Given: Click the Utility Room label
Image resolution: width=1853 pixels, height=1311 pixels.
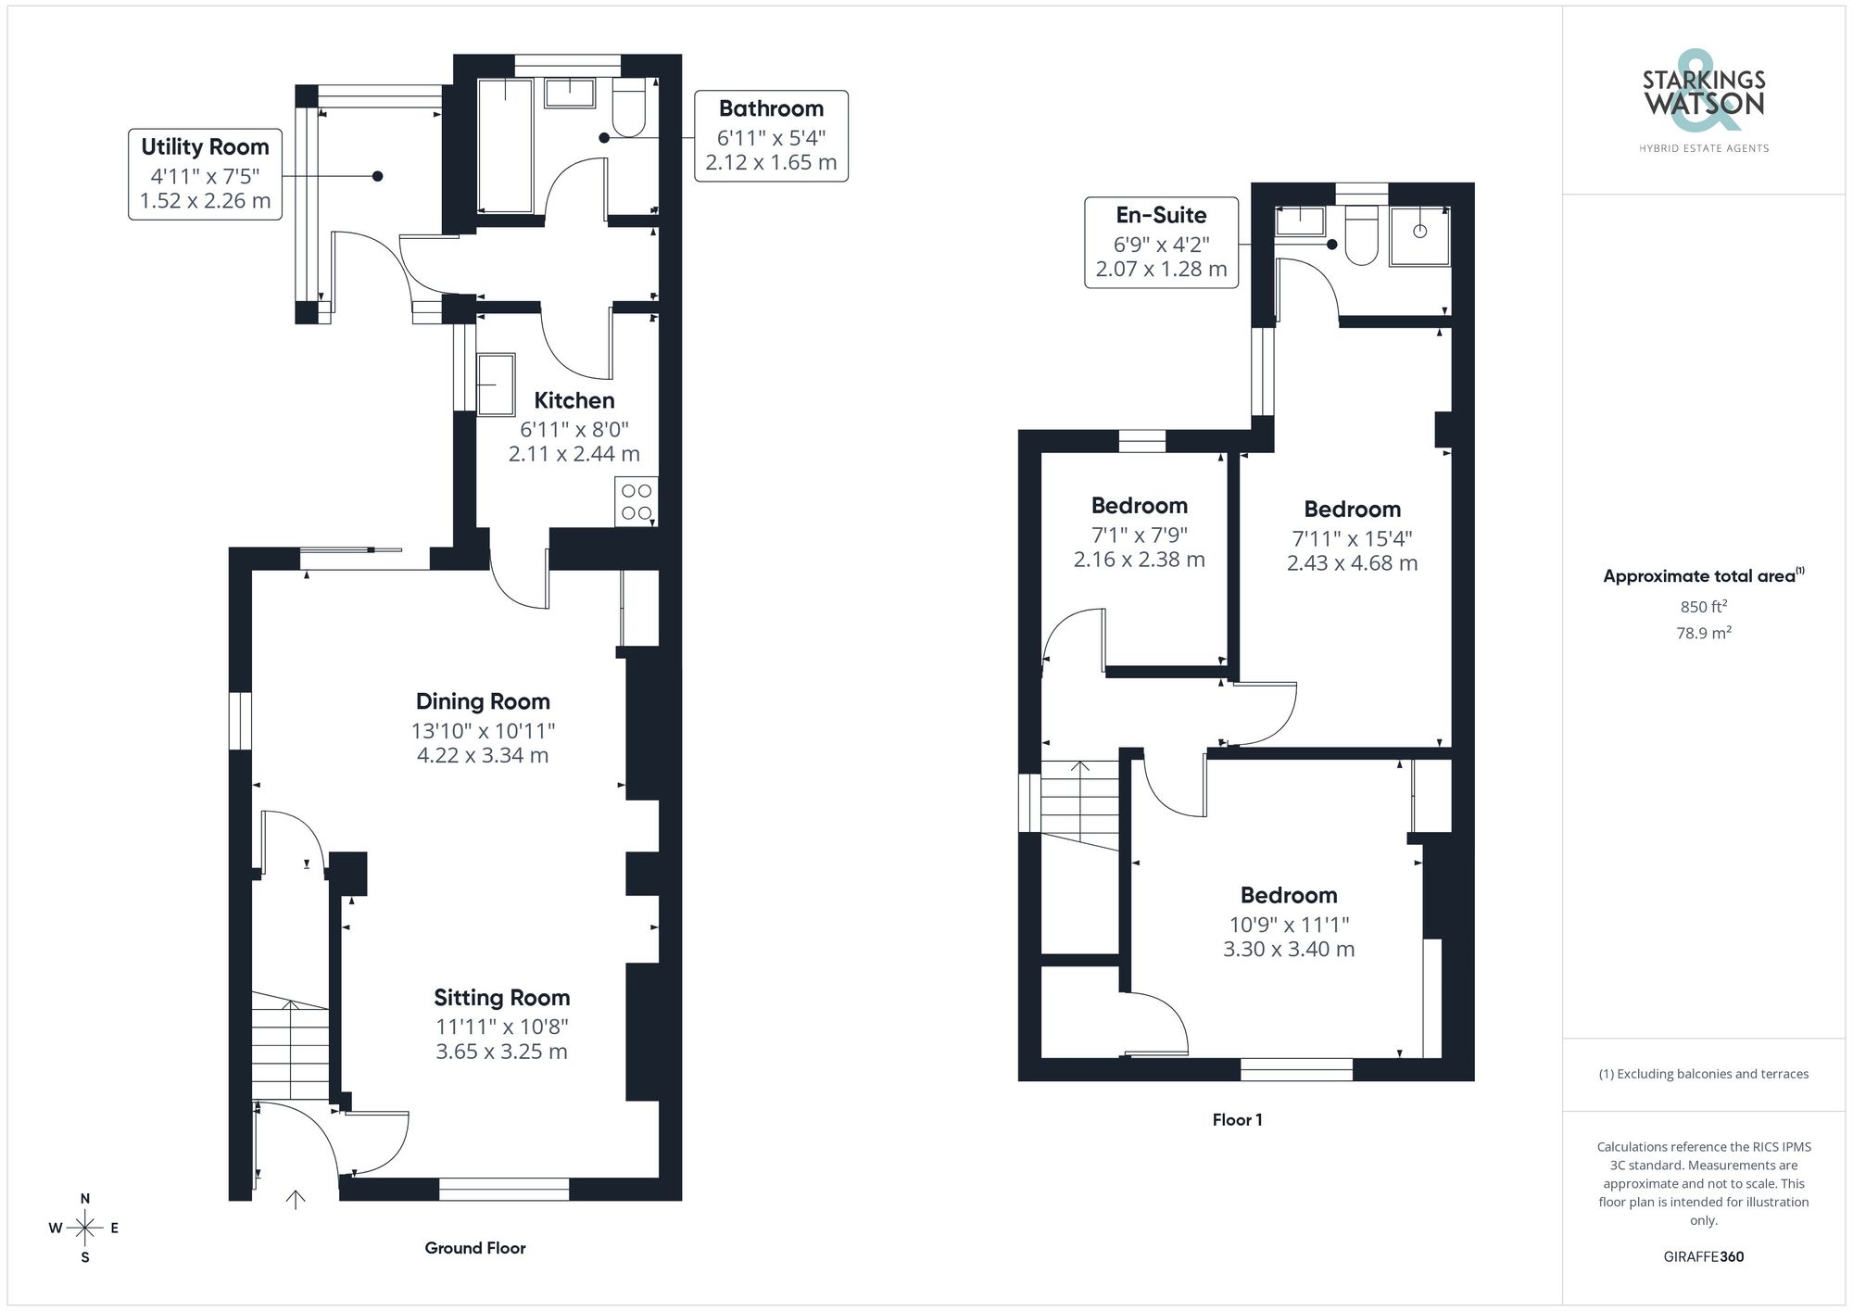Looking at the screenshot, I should [x=205, y=146].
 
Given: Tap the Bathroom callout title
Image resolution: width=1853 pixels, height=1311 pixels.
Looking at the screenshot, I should [x=771, y=108].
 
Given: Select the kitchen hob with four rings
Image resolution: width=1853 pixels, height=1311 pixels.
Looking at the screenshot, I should [x=637, y=502].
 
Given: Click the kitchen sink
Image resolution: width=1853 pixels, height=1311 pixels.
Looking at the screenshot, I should [x=496, y=384].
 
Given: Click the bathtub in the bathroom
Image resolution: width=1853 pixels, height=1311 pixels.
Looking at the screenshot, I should [x=505, y=145].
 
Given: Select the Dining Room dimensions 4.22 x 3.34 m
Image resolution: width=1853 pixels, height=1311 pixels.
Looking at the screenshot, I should [x=483, y=755].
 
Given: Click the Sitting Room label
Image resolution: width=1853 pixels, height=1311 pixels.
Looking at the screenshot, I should [x=501, y=998].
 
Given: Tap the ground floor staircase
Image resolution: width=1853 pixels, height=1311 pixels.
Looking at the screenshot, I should [x=290, y=1047].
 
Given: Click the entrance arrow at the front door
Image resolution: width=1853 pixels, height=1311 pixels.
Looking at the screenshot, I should [x=296, y=1200].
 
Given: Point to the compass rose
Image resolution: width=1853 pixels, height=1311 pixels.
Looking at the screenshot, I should [x=84, y=1229].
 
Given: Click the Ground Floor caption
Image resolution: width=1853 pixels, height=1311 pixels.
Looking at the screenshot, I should [x=474, y=1248].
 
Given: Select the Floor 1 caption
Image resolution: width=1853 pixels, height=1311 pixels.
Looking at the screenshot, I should [x=1237, y=1120].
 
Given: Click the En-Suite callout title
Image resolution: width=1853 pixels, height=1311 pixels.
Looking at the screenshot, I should [x=1161, y=215].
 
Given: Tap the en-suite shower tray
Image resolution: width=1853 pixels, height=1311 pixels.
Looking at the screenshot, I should [x=1419, y=235].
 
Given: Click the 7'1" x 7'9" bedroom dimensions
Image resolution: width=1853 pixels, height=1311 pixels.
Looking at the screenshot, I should [x=1139, y=535].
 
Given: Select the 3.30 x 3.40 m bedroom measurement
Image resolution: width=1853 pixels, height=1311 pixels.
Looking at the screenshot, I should [x=1289, y=949].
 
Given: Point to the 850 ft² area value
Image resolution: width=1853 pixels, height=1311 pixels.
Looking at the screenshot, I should [x=1703, y=607].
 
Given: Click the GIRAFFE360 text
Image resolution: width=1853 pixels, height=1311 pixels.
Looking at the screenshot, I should [x=1703, y=1257].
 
